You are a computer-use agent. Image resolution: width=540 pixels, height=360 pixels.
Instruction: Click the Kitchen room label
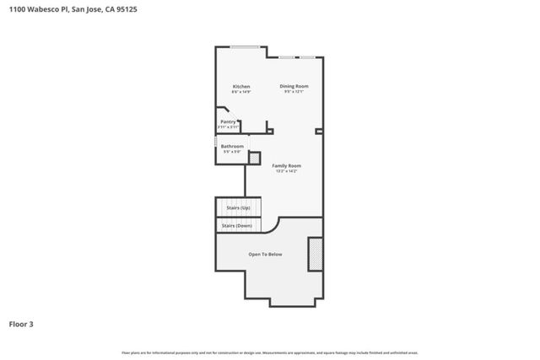(241, 87)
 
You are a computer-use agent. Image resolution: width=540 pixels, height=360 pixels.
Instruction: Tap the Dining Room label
(294, 86)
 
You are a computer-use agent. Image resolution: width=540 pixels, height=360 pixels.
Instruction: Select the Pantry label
(228, 121)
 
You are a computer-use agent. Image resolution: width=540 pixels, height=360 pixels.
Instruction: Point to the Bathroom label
(232, 147)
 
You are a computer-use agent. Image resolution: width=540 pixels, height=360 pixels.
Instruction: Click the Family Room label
(287, 165)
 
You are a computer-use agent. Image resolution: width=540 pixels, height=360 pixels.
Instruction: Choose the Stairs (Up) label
(238, 207)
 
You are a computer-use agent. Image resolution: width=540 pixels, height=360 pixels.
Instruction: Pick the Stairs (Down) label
(237, 226)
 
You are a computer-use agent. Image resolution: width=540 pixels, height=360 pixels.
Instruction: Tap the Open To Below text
(265, 254)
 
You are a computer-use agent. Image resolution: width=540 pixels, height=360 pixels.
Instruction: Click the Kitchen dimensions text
(241, 92)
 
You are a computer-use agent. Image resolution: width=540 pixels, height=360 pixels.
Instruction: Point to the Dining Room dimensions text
(294, 92)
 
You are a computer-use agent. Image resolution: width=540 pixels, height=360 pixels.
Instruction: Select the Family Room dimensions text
(287, 171)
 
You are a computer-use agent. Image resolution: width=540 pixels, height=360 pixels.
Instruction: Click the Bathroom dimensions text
(232, 152)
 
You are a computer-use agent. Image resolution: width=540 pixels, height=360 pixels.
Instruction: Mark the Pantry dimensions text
(228, 126)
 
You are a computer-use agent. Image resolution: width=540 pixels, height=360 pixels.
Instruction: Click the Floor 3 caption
(21, 324)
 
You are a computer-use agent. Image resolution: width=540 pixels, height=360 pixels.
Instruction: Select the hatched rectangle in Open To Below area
(316, 254)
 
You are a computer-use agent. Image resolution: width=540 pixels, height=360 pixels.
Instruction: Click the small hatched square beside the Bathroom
(254, 156)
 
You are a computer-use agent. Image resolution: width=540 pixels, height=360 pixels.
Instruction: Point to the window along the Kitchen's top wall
(246, 47)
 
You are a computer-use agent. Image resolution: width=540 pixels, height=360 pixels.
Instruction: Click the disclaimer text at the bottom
(270, 352)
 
